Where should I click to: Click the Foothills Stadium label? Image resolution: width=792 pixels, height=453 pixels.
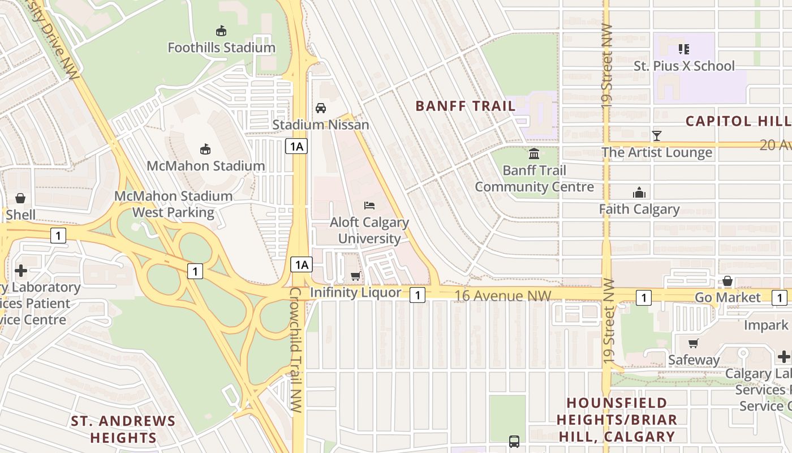pyautogui.click(x=221, y=48)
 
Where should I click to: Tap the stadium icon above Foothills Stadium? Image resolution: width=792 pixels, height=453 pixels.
pyautogui.click(x=221, y=31)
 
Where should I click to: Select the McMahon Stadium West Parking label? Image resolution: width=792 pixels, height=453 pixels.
pyautogui.click(x=173, y=204)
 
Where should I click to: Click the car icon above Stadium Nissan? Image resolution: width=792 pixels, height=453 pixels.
pyautogui.click(x=321, y=108)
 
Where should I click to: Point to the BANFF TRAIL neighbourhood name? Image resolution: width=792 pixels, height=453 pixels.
pyautogui.click(x=466, y=106)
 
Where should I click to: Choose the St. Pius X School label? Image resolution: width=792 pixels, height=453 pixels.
pyautogui.click(x=684, y=66)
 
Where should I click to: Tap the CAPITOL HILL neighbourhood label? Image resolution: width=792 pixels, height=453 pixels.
pyautogui.click(x=738, y=121)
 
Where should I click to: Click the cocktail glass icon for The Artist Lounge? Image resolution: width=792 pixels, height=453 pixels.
pyautogui.click(x=657, y=136)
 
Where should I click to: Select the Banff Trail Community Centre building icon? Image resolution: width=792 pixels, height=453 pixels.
pyautogui.click(x=534, y=153)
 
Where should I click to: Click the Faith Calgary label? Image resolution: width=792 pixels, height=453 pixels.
pyautogui.click(x=639, y=210)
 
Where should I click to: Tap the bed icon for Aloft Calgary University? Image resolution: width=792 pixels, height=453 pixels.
pyautogui.click(x=369, y=205)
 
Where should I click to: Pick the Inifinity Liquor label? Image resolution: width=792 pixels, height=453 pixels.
pyautogui.click(x=356, y=293)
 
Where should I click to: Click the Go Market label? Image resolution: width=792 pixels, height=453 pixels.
pyautogui.click(x=728, y=298)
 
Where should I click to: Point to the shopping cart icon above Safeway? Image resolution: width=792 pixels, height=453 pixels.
pyautogui.click(x=693, y=343)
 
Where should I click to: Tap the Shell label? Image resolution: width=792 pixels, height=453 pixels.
pyautogui.click(x=20, y=215)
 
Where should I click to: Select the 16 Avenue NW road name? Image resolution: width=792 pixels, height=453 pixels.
pyautogui.click(x=502, y=295)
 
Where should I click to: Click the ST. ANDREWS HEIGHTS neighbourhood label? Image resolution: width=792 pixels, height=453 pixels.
pyautogui.click(x=123, y=429)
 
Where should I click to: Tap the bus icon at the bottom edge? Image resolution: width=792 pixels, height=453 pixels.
pyautogui.click(x=514, y=441)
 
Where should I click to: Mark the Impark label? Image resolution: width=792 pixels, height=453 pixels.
pyautogui.click(x=766, y=325)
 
